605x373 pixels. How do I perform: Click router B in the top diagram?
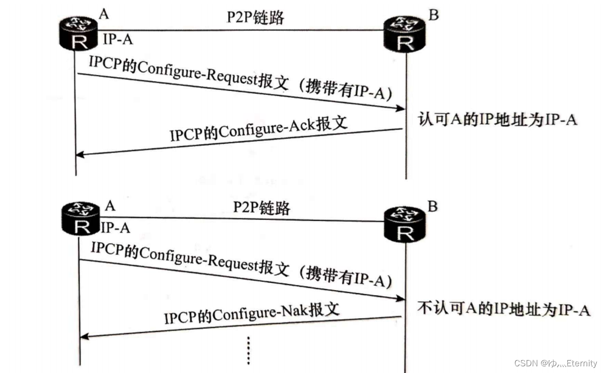(406, 34)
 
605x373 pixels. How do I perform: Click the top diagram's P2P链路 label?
(256, 17)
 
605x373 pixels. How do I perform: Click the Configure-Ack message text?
(259, 128)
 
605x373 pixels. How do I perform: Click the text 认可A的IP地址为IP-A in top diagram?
(497, 120)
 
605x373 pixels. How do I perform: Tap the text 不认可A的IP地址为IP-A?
(503, 310)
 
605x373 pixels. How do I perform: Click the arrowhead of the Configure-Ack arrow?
(80, 154)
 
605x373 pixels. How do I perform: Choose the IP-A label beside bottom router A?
(115, 227)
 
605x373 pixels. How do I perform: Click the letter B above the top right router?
(433, 15)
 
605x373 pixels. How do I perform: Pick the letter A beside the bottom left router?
(110, 206)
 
